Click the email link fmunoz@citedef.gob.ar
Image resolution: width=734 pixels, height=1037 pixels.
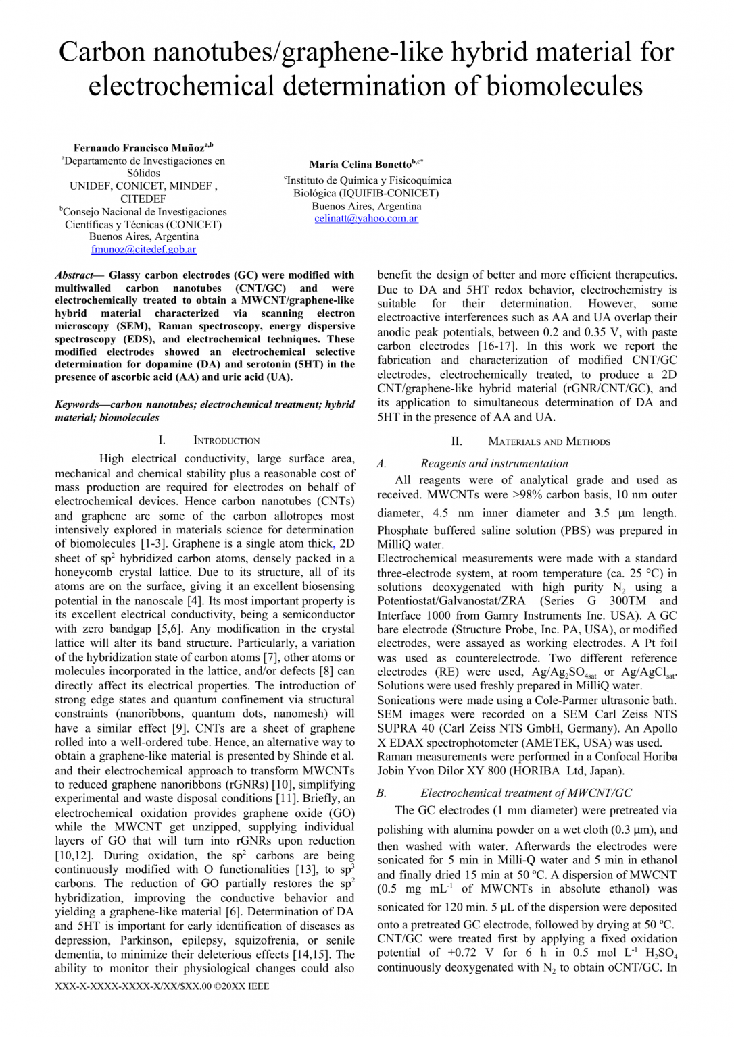click(143, 249)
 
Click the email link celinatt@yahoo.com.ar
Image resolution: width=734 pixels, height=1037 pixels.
click(366, 219)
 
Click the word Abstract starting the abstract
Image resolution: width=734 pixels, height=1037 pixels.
click(74, 275)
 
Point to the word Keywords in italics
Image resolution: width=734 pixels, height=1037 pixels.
click(77, 404)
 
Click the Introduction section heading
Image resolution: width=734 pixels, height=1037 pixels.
click(226, 440)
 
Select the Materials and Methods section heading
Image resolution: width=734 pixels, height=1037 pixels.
click(549, 442)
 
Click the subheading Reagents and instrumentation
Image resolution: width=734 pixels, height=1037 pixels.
click(494, 463)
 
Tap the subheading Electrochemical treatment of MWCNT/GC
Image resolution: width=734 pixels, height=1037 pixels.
click(526, 793)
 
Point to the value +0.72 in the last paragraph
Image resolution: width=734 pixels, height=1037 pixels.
click(461, 953)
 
